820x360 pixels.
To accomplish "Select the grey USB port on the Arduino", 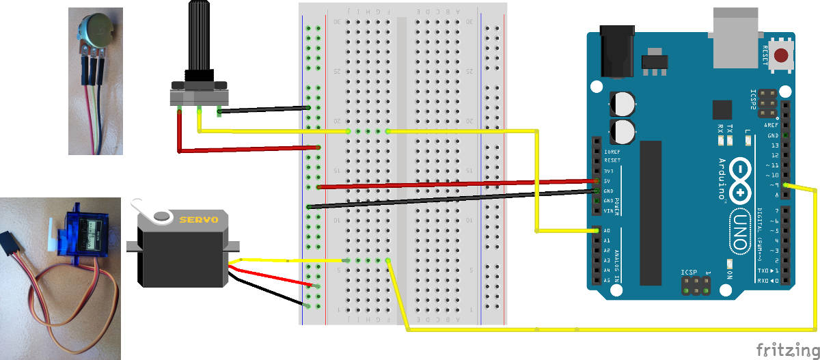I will tap(735, 38).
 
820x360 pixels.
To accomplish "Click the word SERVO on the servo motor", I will tap(198, 220).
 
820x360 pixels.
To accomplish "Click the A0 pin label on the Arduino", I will tap(607, 231).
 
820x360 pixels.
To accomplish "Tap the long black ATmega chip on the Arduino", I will tap(651, 212).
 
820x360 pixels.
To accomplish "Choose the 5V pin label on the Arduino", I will tap(607, 181).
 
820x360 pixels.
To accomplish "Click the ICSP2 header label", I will tap(753, 100).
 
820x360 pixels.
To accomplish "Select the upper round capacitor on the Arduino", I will tap(623, 103).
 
